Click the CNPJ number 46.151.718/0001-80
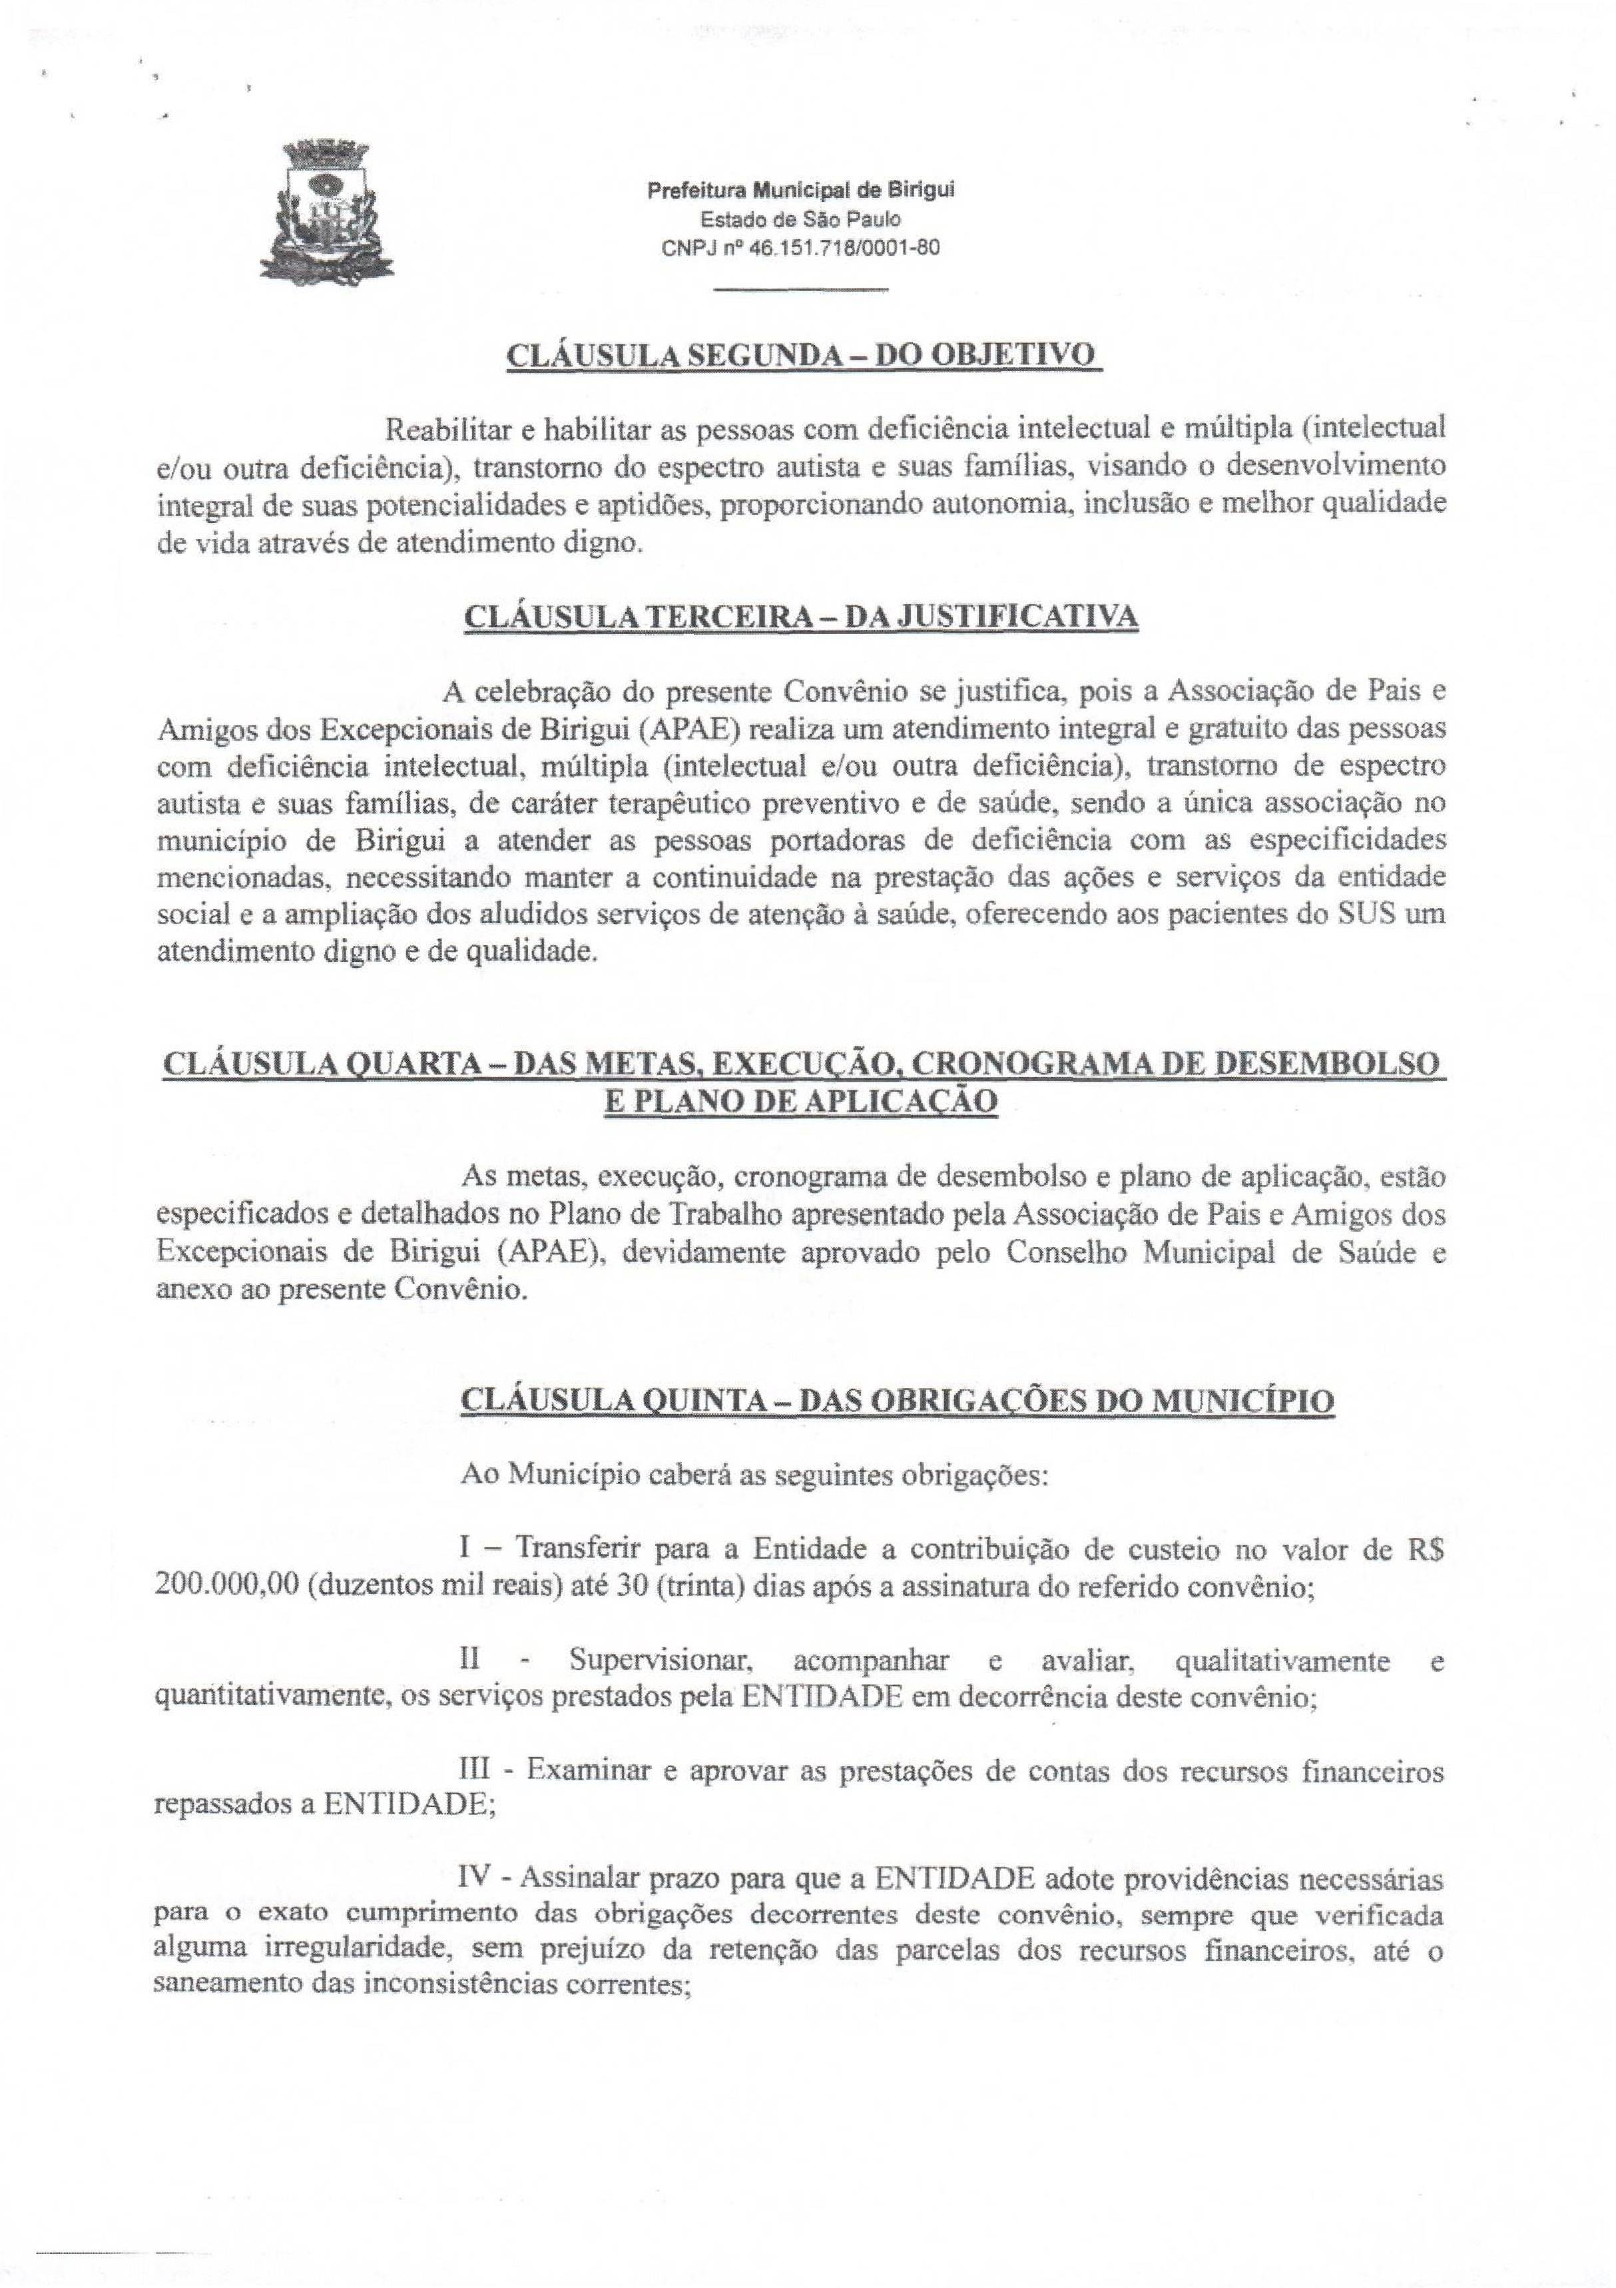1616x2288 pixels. click(827, 248)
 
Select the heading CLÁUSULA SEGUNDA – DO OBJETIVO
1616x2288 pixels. click(802, 356)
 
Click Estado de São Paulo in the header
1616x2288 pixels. click(801, 219)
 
